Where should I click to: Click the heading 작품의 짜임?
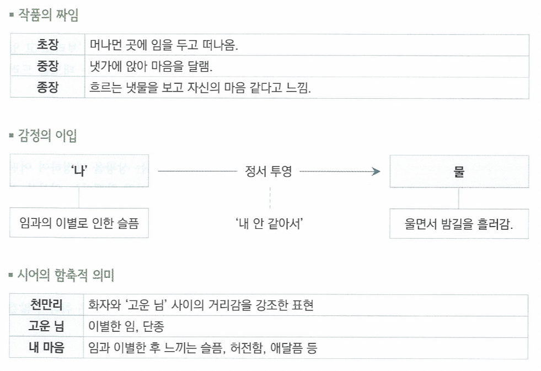tap(47, 15)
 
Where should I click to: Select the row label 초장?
tap(47, 45)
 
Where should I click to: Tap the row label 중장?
tap(47, 67)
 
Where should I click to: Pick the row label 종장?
tap(47, 88)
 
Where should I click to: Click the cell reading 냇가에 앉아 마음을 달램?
tap(151, 67)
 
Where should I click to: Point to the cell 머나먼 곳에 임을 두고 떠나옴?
tap(164, 45)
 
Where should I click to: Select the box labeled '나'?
tap(79, 171)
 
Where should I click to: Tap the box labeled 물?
tap(459, 171)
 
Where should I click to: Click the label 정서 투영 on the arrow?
tap(268, 171)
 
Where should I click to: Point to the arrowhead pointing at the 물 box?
tap(377, 171)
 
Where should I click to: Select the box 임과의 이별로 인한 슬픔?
tap(79, 223)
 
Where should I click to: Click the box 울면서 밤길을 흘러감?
tap(459, 224)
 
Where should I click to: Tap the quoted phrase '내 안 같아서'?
tap(270, 223)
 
